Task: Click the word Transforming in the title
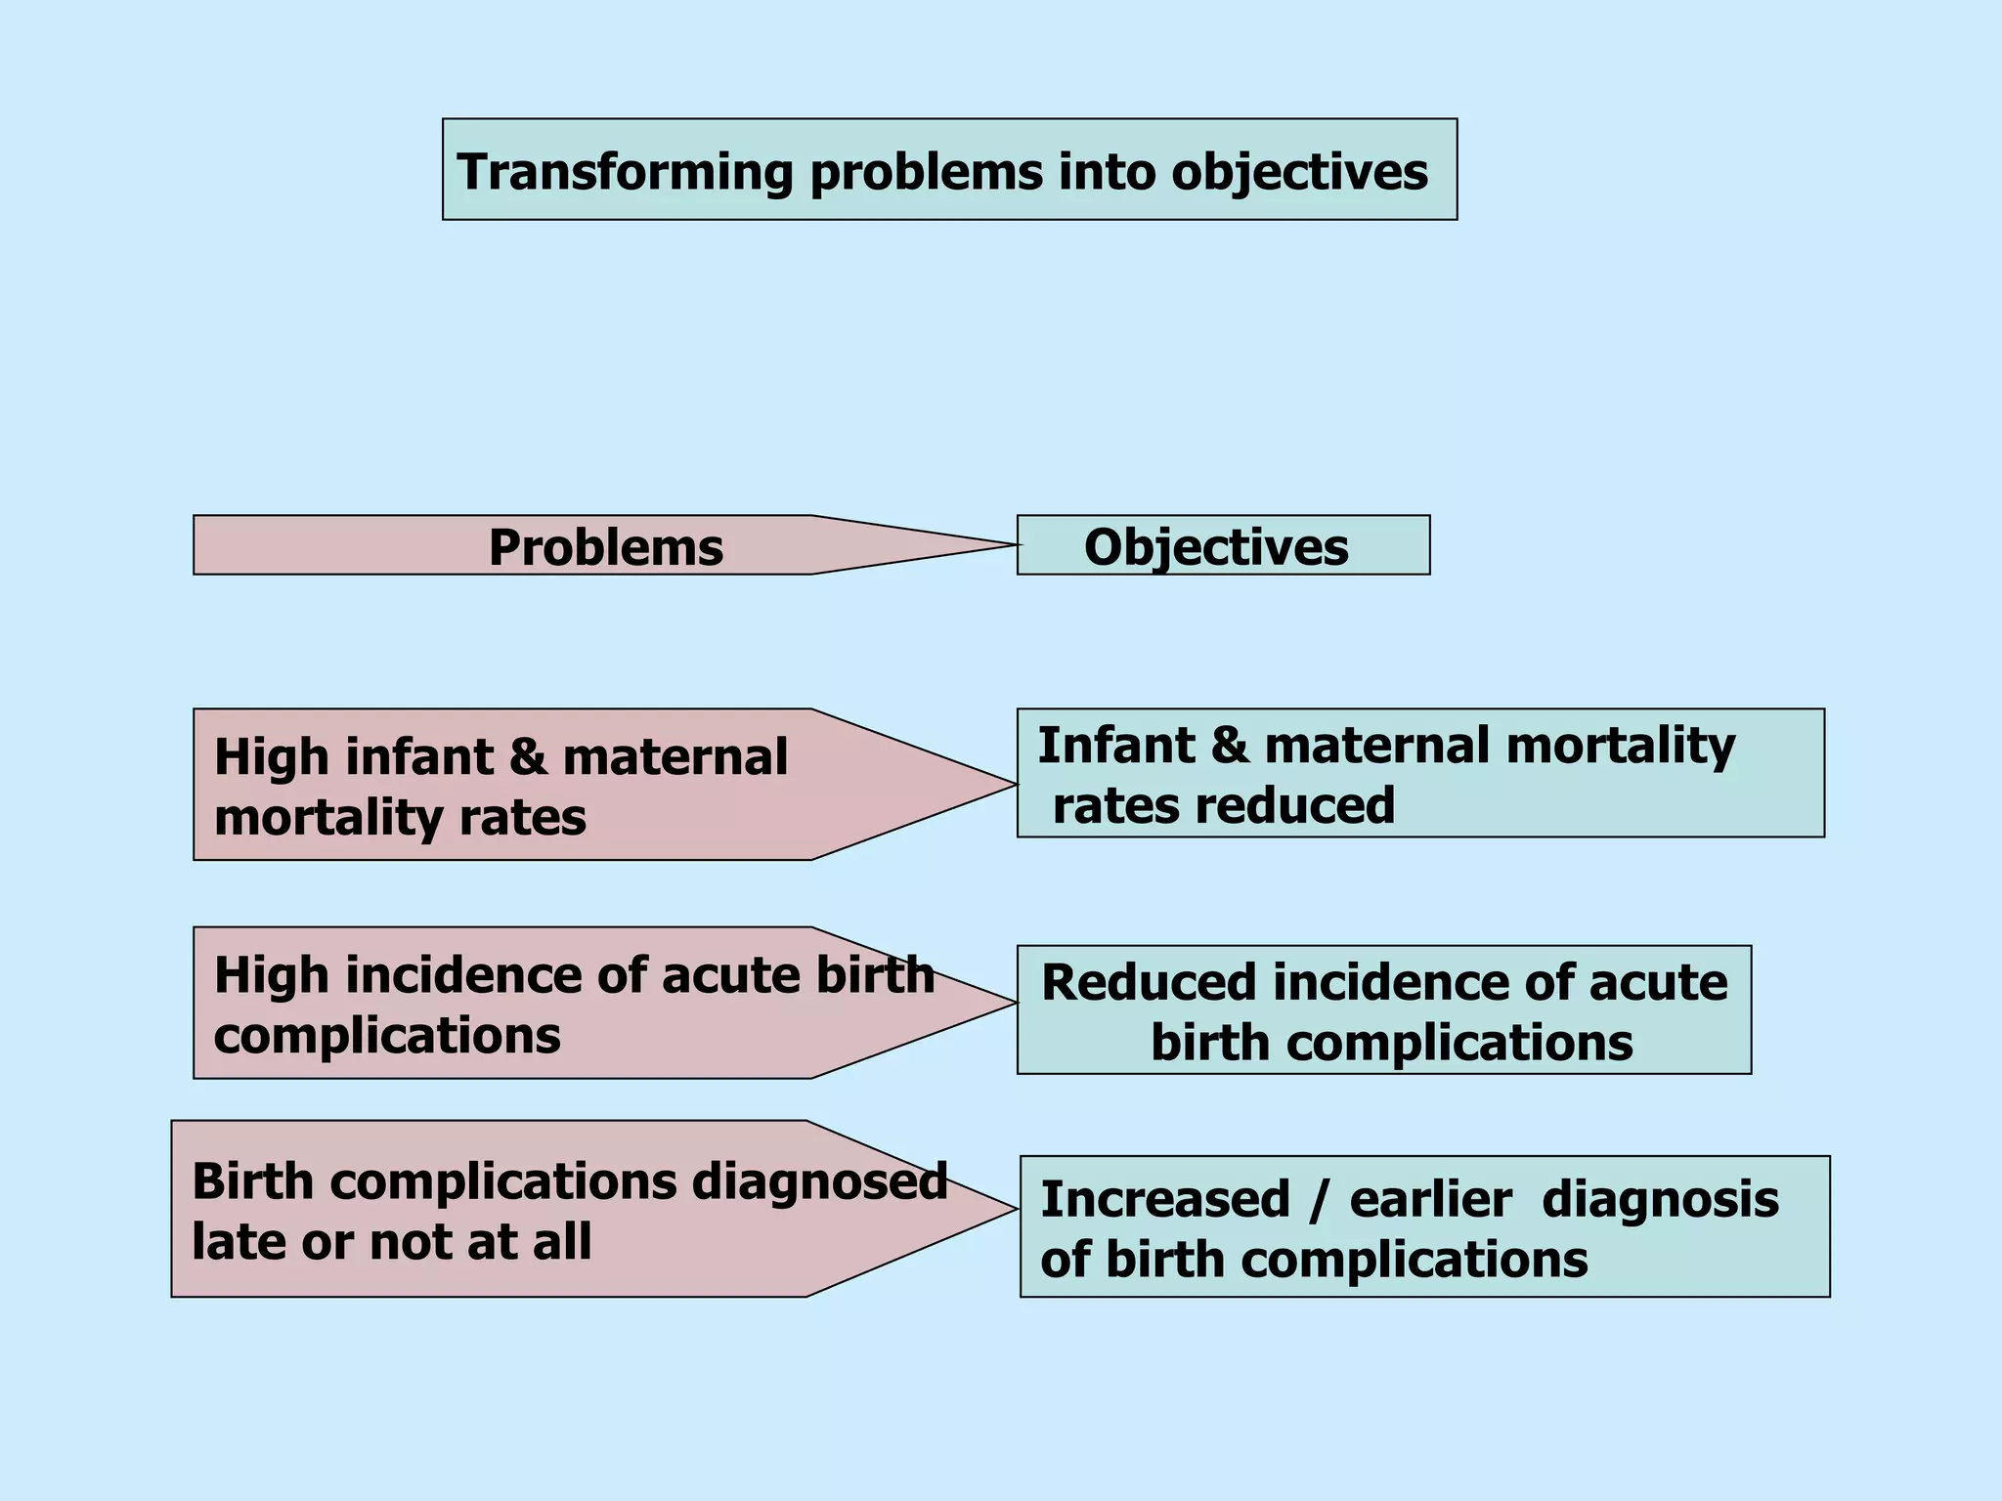pos(625,172)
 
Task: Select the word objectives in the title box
pos(1299,172)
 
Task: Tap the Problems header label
pos(605,547)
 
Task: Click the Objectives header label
pos(1215,547)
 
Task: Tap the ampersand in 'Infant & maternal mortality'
pos(1230,746)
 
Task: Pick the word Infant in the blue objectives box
pos(1115,746)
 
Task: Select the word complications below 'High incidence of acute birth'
pos(387,1036)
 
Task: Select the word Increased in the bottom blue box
pos(1164,1200)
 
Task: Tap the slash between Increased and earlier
pos(1319,1200)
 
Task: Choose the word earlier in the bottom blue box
pos(1430,1200)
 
